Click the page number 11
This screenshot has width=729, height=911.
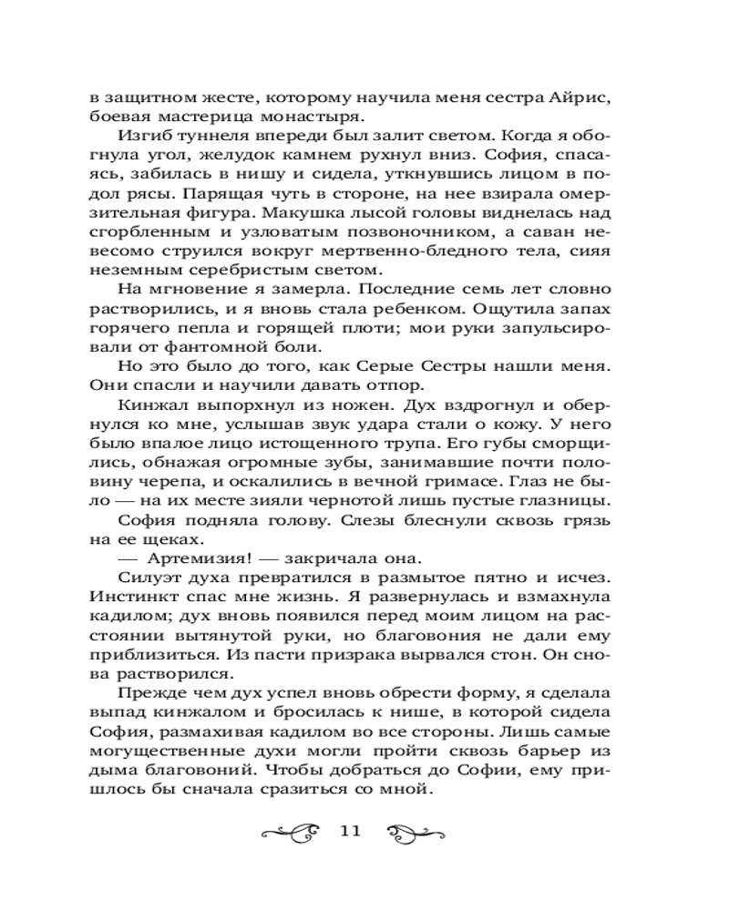coord(351,830)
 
